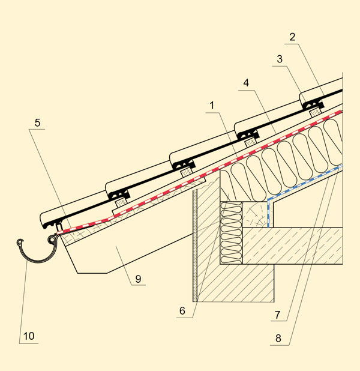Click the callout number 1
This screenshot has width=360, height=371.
point(212,106)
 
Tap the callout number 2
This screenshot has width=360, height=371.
point(292,37)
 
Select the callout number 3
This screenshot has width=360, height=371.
point(280,59)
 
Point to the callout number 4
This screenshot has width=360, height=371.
point(246,83)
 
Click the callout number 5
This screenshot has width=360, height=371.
point(37,123)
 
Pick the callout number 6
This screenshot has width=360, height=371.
point(182,311)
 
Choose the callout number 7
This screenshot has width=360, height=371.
point(278,315)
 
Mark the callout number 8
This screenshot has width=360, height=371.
point(278,339)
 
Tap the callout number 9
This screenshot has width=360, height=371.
point(138,279)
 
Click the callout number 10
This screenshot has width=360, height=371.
point(29,336)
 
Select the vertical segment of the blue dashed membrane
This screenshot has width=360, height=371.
point(268,214)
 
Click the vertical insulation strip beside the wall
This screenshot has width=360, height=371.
point(231,233)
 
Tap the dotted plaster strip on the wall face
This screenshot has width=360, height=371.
point(195,246)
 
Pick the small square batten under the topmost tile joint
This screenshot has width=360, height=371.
point(315,112)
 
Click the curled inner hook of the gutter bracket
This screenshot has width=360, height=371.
point(52,240)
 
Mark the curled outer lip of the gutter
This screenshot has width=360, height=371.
point(20,243)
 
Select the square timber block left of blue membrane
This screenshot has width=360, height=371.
point(255,214)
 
